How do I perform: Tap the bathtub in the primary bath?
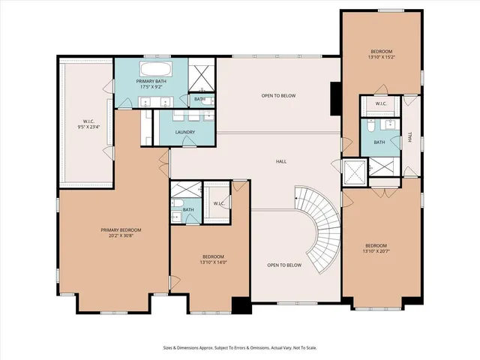pyautogui.click(x=157, y=70)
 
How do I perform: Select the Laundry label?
pyautogui.click(x=185, y=133)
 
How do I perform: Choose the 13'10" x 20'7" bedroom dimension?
pyautogui.click(x=376, y=251)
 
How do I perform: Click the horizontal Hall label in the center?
pyautogui.click(x=281, y=161)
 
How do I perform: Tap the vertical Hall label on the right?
pyautogui.click(x=410, y=137)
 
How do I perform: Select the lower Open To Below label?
pyautogui.click(x=284, y=265)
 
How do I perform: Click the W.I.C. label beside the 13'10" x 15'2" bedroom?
pyautogui.click(x=381, y=103)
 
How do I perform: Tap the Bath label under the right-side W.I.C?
pyautogui.click(x=379, y=142)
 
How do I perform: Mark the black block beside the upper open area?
pyautogui.click(x=335, y=97)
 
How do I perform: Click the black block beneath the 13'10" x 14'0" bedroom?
pyautogui.click(x=241, y=305)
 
